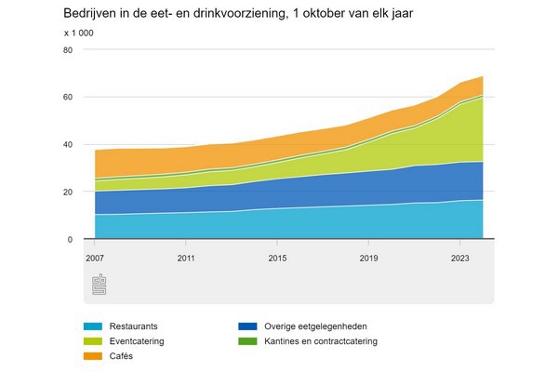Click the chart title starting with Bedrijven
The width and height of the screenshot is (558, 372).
coord(232,14)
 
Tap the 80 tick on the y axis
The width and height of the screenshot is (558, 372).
coord(66,50)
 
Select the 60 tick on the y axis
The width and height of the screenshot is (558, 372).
coord(66,98)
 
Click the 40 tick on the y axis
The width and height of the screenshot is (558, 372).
coord(66,145)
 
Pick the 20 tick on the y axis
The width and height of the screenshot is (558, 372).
coord(66,193)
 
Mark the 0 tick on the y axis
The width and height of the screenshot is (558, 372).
coord(69,240)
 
